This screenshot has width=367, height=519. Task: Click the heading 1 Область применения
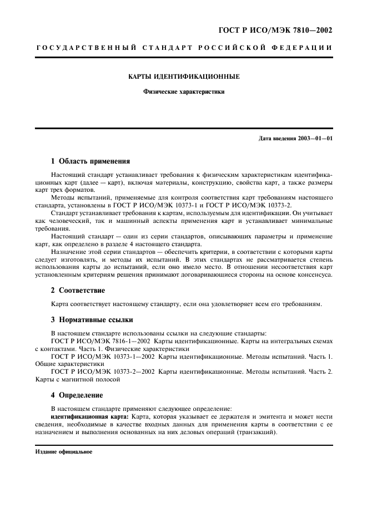coord(91,162)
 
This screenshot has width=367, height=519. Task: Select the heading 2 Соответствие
coord(78,290)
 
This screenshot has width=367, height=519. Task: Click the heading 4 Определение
coord(77,395)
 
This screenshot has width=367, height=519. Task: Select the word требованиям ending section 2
coord(300,304)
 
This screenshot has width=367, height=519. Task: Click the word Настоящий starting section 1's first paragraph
coord(68,175)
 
